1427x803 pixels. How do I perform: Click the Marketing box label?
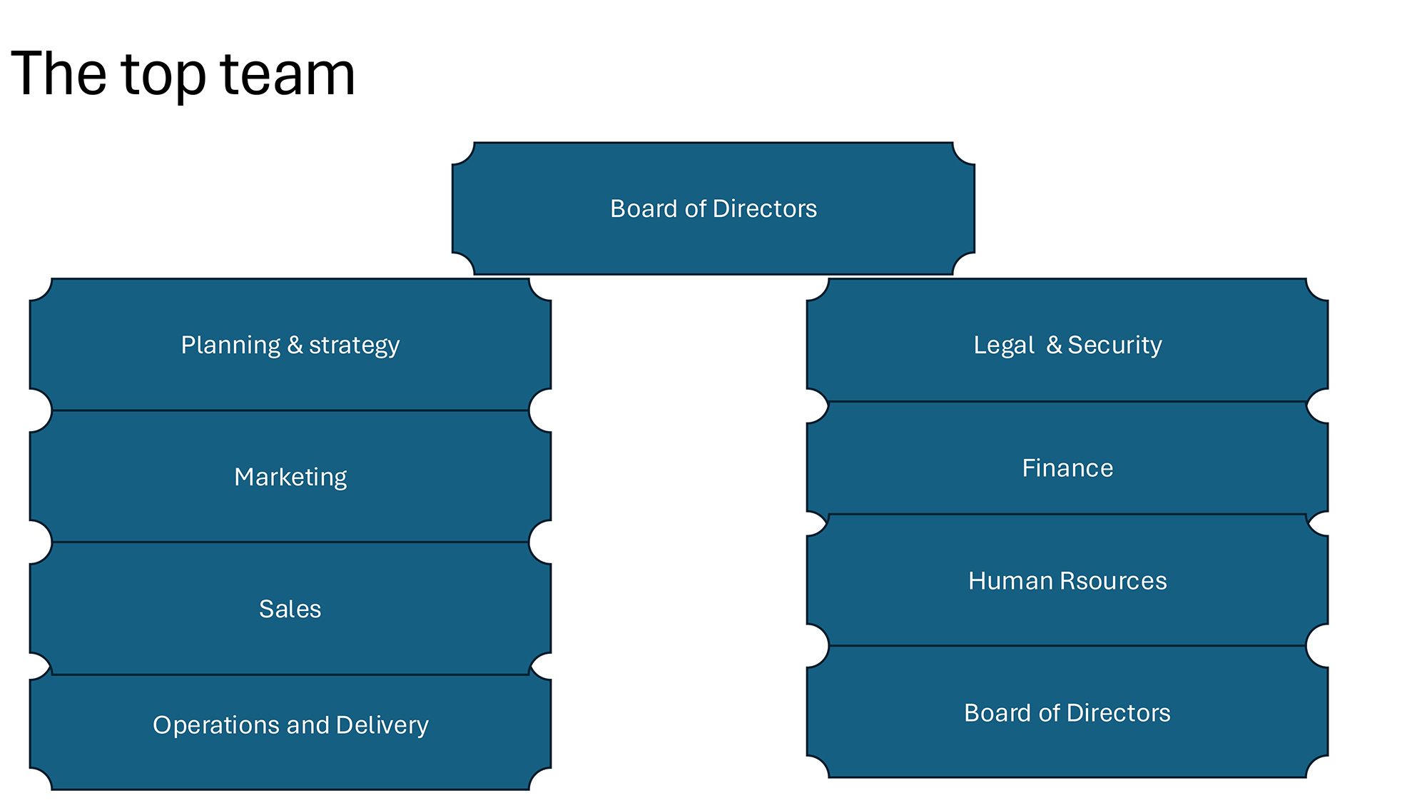290,477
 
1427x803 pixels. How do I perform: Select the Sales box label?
290,609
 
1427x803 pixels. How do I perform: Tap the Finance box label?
1067,468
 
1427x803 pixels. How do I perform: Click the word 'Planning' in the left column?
230,345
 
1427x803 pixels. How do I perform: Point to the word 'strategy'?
354,345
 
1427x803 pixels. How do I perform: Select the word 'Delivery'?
382,724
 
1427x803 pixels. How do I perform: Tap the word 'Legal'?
1004,345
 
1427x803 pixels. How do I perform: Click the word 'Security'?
1114,345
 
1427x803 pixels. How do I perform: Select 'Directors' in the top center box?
764,208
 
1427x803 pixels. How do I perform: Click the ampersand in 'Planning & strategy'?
295,345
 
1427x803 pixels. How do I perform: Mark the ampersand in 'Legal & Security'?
1055,345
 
